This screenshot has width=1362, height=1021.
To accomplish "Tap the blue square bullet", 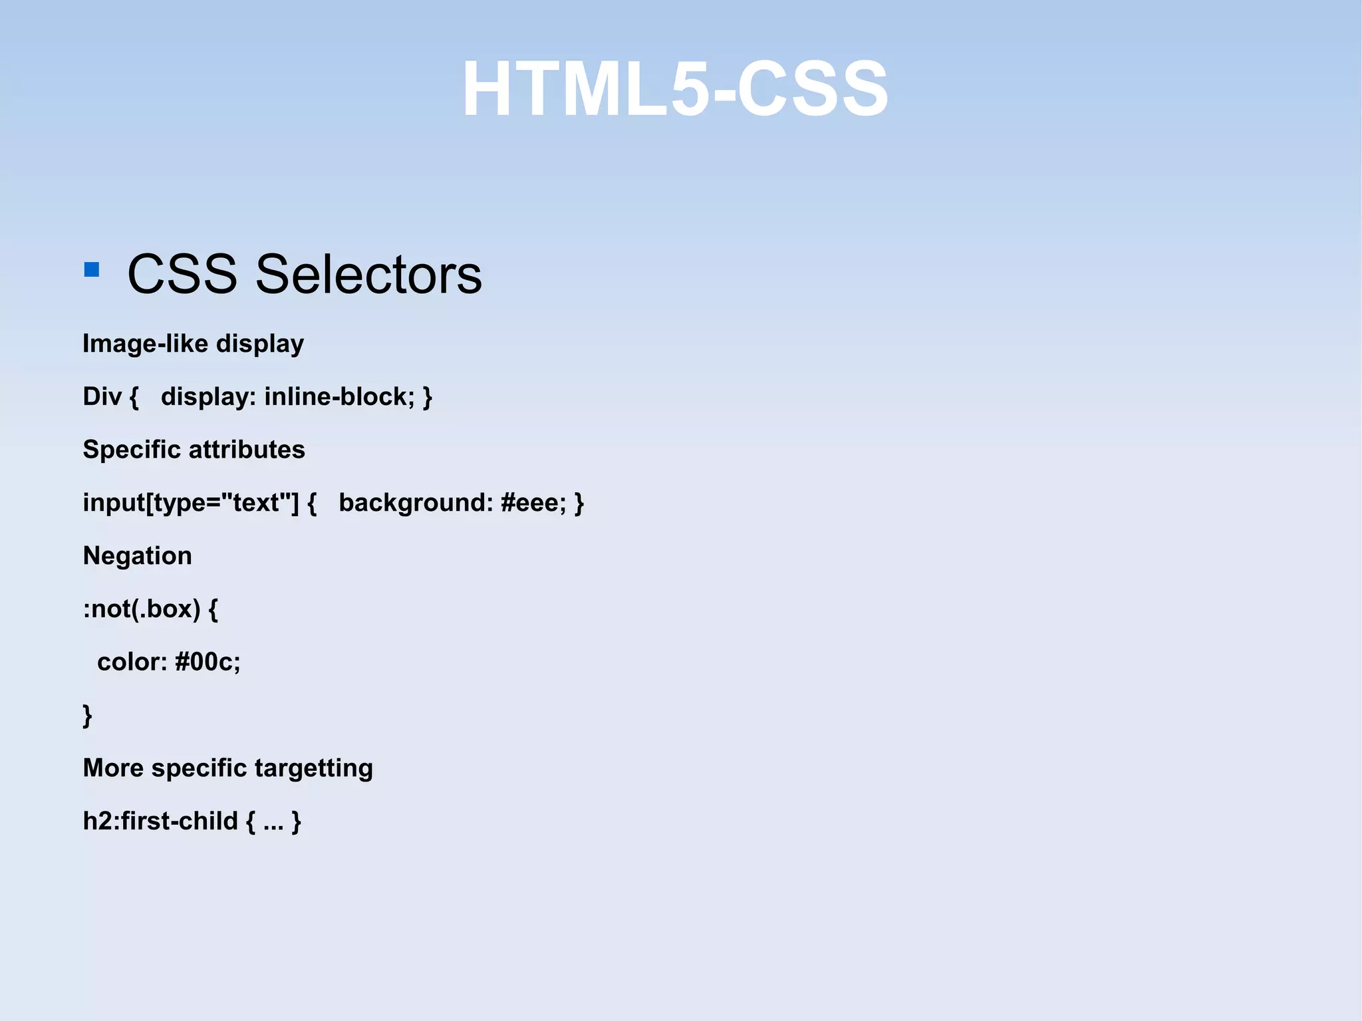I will [92, 269].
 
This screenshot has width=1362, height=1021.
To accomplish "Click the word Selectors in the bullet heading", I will [368, 274].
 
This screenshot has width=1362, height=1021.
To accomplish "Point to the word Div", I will [102, 396].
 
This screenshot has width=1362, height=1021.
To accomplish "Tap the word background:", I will [416, 503].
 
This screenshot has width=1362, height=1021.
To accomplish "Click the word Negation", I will [138, 556].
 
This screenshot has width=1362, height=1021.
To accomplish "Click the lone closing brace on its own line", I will [87, 716].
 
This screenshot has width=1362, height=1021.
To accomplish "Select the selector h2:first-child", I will [160, 821].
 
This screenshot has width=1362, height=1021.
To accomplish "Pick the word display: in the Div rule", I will [208, 396].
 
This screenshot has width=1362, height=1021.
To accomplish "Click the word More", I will [113, 768].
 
